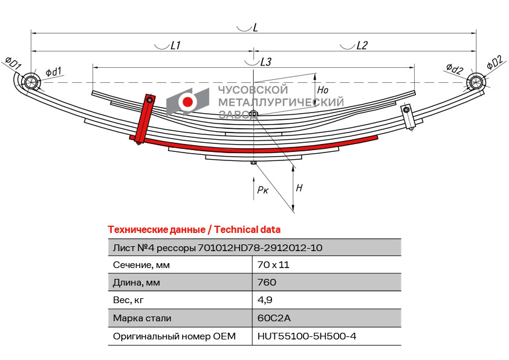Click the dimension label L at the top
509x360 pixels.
click(x=255, y=28)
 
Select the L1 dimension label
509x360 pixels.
click(x=176, y=45)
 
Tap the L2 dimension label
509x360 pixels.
click(x=362, y=45)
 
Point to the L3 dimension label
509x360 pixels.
click(x=265, y=62)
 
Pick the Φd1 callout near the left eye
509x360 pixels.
click(x=53, y=71)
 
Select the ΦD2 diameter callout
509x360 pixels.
click(x=494, y=62)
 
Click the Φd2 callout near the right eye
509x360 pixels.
click(x=455, y=69)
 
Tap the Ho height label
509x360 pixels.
click(x=323, y=90)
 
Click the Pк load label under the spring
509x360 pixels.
click(x=262, y=190)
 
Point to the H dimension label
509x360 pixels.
click(x=299, y=188)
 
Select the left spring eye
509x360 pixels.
click(x=30, y=82)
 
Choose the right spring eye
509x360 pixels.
click(x=476, y=82)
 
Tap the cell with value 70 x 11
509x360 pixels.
click(x=273, y=264)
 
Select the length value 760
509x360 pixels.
click(x=267, y=282)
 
